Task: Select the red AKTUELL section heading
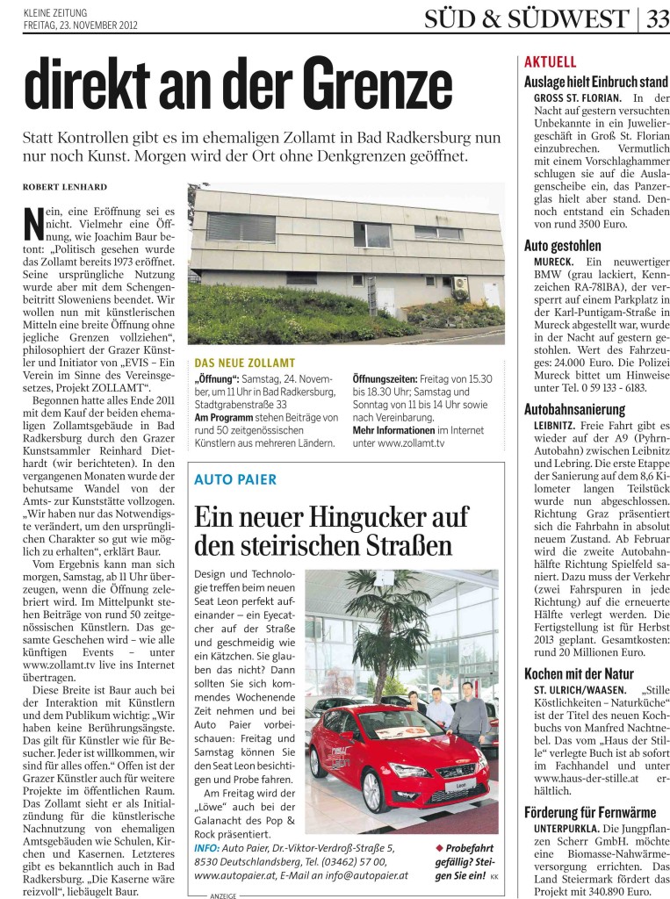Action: [x=550, y=62]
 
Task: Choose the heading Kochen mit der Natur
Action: [x=580, y=673]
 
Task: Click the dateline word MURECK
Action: [x=553, y=263]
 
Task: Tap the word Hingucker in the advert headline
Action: [x=339, y=516]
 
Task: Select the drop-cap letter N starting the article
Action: [x=32, y=222]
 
